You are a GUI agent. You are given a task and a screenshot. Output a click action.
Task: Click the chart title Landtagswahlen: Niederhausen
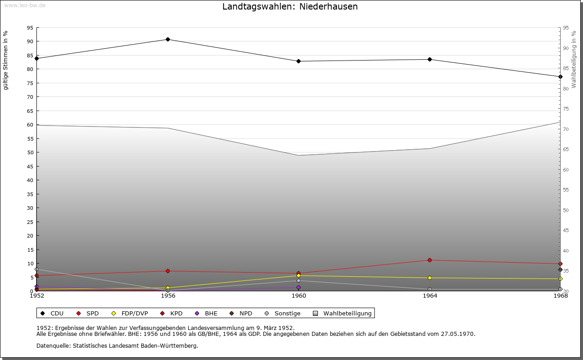[x=290, y=7]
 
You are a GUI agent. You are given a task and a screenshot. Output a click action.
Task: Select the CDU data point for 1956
[x=168, y=39]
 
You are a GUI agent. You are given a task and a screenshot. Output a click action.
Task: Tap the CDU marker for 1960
[x=298, y=61]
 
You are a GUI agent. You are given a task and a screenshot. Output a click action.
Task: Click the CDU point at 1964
[x=430, y=59]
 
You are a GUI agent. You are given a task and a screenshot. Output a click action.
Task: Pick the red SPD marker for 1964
[x=430, y=260]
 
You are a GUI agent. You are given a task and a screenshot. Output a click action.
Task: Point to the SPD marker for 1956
[x=168, y=271]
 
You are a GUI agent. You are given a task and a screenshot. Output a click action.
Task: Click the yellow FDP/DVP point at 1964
[x=430, y=278]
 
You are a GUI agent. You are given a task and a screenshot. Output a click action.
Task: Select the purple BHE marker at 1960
[x=298, y=287]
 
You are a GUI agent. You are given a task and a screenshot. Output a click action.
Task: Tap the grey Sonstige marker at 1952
[x=36, y=269]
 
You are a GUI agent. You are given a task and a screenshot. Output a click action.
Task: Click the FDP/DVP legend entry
[x=130, y=313]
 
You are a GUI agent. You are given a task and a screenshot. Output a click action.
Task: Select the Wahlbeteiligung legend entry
[x=343, y=313]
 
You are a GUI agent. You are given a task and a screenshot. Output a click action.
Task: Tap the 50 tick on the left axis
[x=30, y=152]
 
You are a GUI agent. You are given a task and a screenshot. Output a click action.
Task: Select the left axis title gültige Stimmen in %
[x=6, y=61]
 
